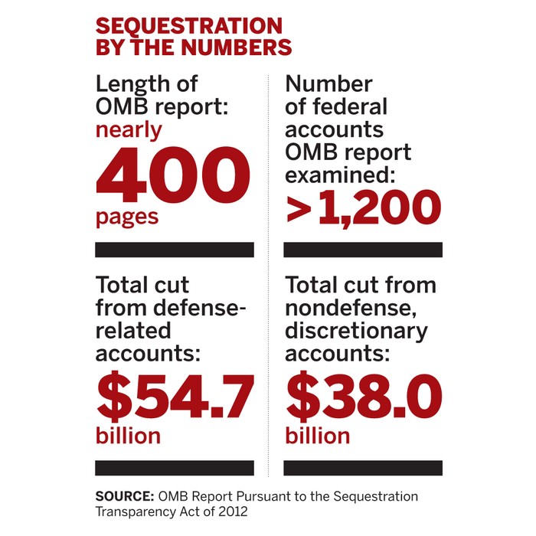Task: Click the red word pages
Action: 127,217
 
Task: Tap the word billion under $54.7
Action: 128,436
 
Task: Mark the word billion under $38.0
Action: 318,436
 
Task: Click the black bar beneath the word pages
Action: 174,250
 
